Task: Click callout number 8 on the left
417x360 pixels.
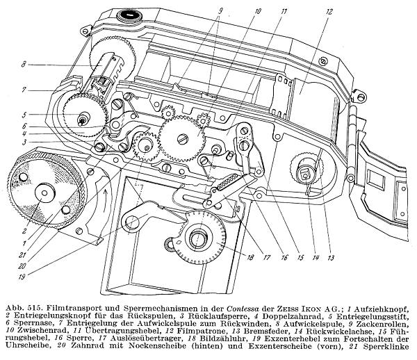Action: click(24, 65)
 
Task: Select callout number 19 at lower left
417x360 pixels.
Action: click(22, 277)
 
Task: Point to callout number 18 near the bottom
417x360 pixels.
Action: click(250, 257)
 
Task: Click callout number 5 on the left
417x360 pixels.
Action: click(24, 115)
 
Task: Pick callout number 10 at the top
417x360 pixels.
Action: click(257, 11)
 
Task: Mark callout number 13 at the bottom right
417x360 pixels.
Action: click(331, 257)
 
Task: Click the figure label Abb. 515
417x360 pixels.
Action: click(24, 309)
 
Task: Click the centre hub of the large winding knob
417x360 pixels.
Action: click(44, 192)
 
